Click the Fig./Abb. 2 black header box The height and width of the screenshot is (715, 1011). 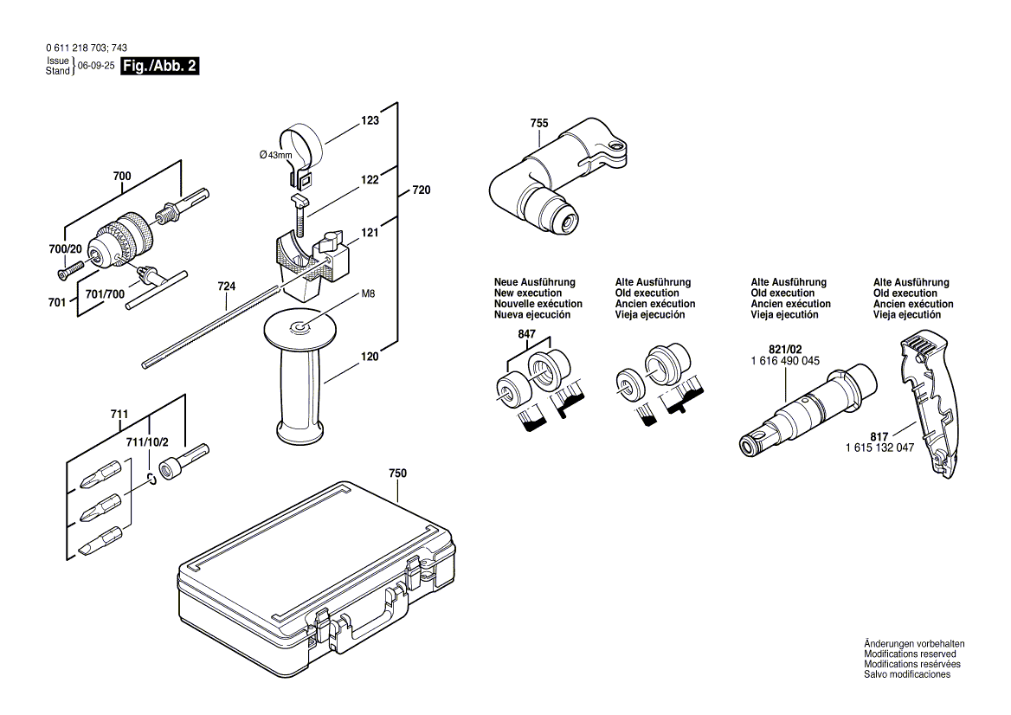tap(160, 67)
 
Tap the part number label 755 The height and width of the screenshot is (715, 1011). tap(538, 124)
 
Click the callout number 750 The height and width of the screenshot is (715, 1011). tap(397, 473)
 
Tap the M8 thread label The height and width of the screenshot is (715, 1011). tap(368, 294)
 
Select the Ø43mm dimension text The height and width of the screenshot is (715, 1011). tap(276, 154)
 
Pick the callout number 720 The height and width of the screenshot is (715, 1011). tap(422, 190)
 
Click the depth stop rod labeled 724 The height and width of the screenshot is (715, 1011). tap(216, 330)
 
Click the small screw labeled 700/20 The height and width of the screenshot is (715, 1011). tap(66, 274)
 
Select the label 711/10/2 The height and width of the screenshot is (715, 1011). tap(147, 442)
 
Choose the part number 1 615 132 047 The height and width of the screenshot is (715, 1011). tap(879, 448)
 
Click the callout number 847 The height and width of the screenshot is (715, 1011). tap(527, 334)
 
